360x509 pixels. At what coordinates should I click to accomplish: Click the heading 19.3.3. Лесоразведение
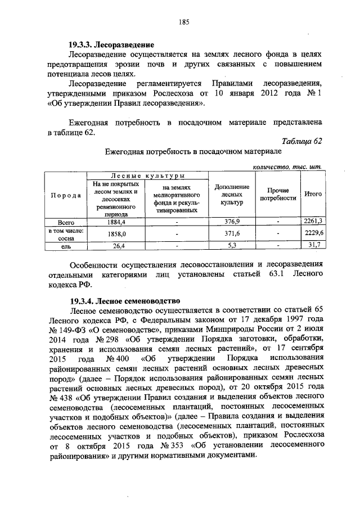111,44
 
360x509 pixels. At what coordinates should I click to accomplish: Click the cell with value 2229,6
313,233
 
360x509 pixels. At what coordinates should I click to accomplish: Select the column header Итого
313,194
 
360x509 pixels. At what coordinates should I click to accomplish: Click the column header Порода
65,195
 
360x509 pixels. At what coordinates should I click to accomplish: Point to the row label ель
66,245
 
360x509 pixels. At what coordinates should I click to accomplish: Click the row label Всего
66,221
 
